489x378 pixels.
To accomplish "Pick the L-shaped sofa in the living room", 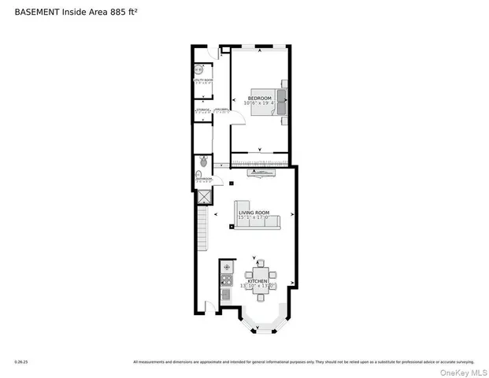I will (x=257, y=216).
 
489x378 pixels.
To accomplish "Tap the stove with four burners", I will (x=226, y=280).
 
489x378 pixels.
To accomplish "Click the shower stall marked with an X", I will (x=202, y=198).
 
